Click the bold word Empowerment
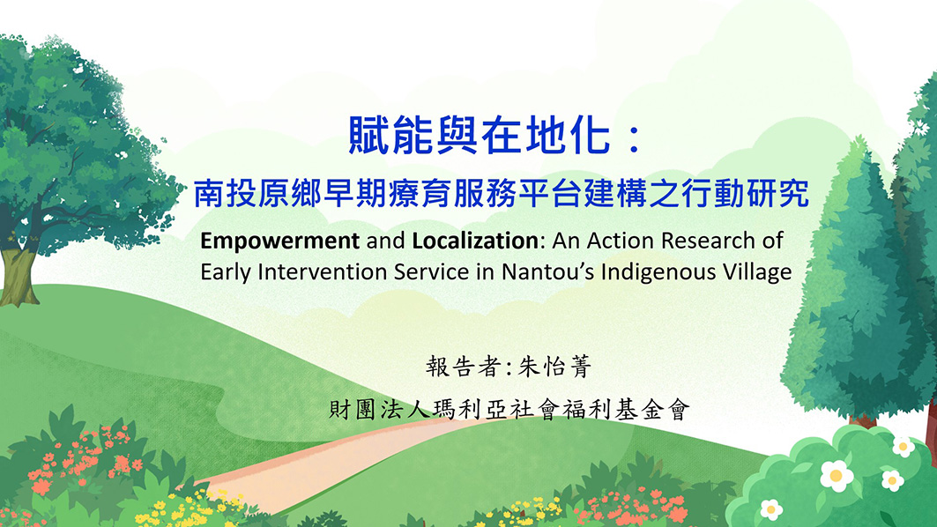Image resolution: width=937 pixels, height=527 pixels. [279, 241]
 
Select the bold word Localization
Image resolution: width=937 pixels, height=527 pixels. [475, 241]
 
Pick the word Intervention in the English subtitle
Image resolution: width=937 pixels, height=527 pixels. [322, 271]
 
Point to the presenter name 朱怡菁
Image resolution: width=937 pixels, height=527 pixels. [554, 367]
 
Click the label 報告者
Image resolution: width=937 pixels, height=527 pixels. [463, 367]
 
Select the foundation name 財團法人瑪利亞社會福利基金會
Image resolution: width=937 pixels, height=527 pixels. [509, 410]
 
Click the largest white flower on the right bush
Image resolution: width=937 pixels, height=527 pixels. [837, 476]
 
